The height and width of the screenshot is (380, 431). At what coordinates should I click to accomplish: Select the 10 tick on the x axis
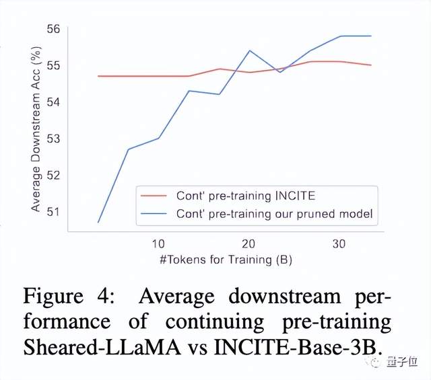click(159, 243)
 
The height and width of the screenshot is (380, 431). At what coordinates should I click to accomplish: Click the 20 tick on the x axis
click(248, 243)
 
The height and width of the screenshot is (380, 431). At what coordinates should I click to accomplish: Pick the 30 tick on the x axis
click(339, 243)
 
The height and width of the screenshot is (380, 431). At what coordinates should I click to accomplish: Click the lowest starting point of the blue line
click(99, 222)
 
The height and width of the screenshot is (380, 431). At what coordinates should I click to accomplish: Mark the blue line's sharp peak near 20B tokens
click(249, 50)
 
